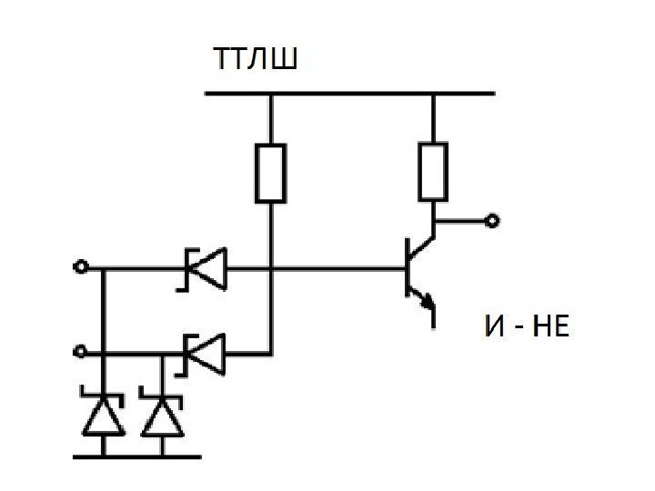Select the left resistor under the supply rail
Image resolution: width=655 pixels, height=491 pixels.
[271, 172]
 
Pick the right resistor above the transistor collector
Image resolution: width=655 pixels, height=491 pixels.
[433, 170]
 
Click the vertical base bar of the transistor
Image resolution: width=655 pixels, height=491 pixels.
[407, 269]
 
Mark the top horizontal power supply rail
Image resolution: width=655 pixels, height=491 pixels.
[351, 93]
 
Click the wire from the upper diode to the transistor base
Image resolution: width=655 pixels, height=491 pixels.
[337, 269]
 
